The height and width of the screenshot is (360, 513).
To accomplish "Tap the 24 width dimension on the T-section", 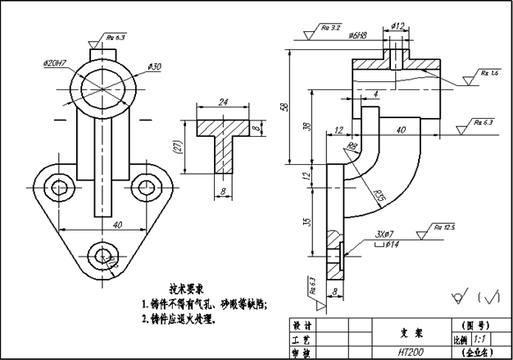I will [x=224, y=103].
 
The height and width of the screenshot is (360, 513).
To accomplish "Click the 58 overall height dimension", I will [x=284, y=107].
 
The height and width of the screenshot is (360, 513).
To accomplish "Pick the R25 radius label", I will [x=379, y=196].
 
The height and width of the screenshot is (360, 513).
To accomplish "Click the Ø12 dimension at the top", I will [x=398, y=25].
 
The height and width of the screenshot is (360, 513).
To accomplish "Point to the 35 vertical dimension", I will [x=305, y=221].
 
